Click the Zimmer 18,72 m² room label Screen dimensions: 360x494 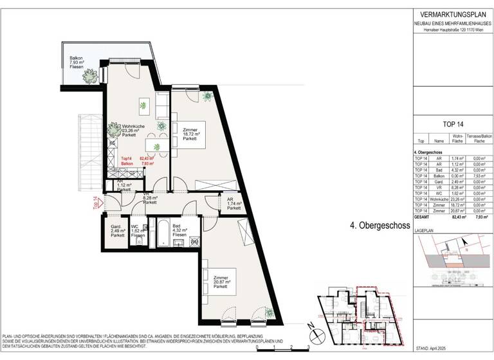point(190,134)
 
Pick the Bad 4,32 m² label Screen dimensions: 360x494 point(179,231)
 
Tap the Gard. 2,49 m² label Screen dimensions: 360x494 point(117,231)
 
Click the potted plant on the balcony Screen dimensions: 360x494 point(90,74)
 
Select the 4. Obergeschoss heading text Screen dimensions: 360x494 point(380,226)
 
